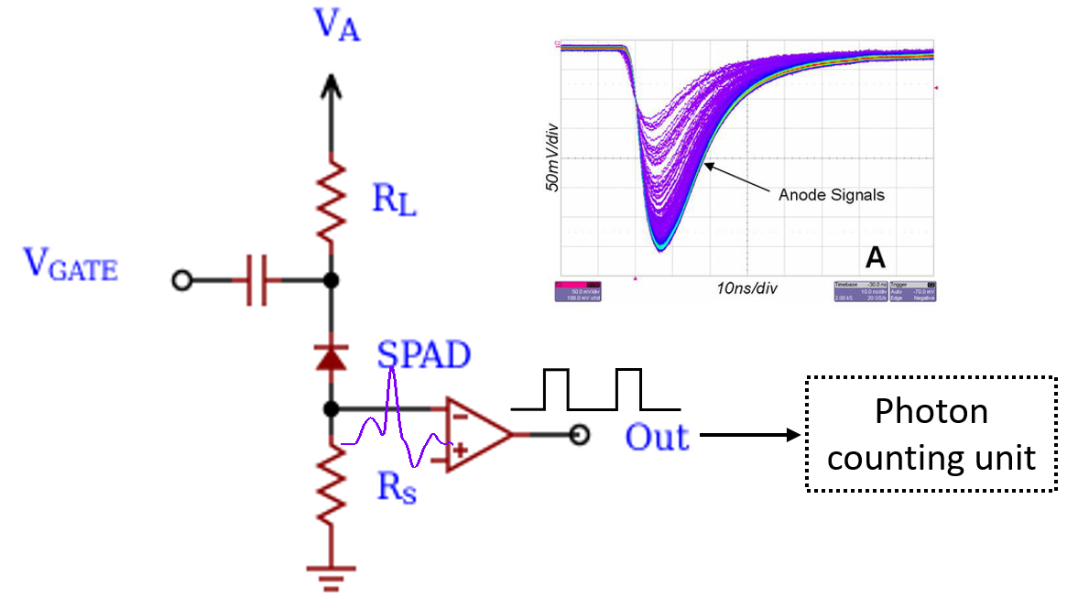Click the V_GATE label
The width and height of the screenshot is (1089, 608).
(x=71, y=266)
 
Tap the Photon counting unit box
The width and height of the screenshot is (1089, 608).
(x=931, y=434)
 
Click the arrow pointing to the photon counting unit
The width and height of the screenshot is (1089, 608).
(x=751, y=435)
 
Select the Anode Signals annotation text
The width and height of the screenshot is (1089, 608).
(x=831, y=195)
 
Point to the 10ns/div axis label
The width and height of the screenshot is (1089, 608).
(x=746, y=288)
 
